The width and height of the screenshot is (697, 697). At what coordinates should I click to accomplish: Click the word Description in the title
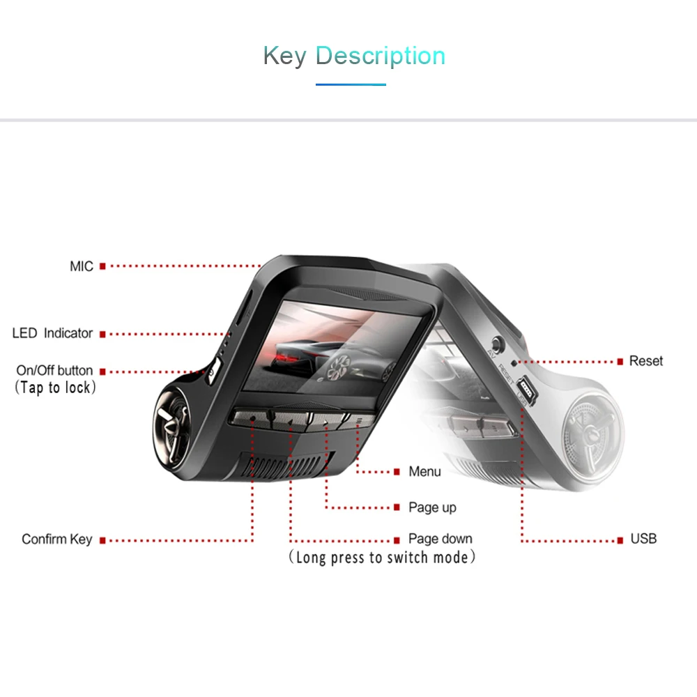tap(380, 56)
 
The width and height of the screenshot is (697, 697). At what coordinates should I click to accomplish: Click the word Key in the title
tap(285, 56)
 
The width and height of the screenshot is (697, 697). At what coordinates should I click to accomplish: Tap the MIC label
tap(82, 266)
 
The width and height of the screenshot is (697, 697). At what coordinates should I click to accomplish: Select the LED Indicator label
tap(52, 333)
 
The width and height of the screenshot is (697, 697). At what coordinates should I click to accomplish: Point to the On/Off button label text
tap(54, 370)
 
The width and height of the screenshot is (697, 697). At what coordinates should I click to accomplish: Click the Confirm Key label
tap(57, 539)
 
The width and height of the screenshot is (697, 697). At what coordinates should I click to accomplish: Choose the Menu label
tap(424, 471)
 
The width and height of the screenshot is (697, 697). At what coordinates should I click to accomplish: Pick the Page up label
tap(432, 507)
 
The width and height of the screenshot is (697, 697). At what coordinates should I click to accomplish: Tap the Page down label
tap(440, 539)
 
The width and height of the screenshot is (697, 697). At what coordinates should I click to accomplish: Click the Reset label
tap(646, 361)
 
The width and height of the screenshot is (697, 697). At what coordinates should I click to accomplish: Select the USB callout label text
tap(643, 539)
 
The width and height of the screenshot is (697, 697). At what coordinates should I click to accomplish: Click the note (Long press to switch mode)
tap(382, 558)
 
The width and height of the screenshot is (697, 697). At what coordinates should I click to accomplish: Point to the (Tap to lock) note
tap(55, 388)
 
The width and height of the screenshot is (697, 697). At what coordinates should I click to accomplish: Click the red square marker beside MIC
tap(102, 266)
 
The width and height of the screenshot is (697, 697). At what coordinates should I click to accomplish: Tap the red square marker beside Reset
tap(620, 362)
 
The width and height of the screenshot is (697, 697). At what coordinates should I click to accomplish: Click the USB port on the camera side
tap(527, 389)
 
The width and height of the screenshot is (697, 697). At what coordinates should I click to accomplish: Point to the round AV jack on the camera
tap(498, 344)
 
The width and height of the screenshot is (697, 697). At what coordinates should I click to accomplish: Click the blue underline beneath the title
tap(351, 84)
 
